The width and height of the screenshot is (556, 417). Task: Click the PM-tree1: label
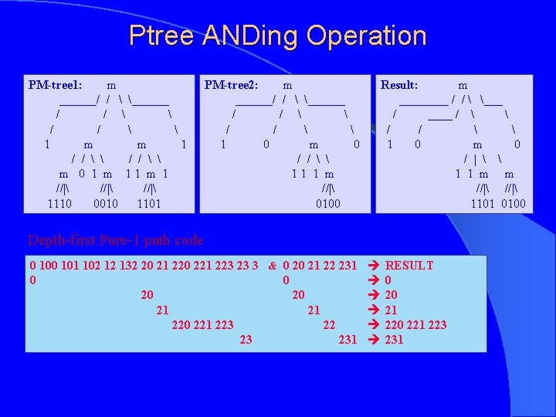point(56,84)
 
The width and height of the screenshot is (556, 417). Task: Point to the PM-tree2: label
point(231,84)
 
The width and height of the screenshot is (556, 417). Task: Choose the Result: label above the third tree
point(399,84)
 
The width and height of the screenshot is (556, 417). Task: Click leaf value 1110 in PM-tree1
point(59,203)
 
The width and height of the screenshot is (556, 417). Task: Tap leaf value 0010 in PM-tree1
point(105,203)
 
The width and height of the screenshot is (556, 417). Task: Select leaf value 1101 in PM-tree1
point(149,203)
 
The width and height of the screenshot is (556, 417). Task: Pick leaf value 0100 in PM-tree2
point(327,203)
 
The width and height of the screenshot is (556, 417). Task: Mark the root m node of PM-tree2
point(287,84)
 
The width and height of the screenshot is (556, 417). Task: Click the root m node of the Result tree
point(463,84)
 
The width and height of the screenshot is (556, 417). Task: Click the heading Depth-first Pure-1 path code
point(115,239)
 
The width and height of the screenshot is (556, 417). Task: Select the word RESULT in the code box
point(409,266)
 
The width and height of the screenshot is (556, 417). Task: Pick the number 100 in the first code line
point(49,266)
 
